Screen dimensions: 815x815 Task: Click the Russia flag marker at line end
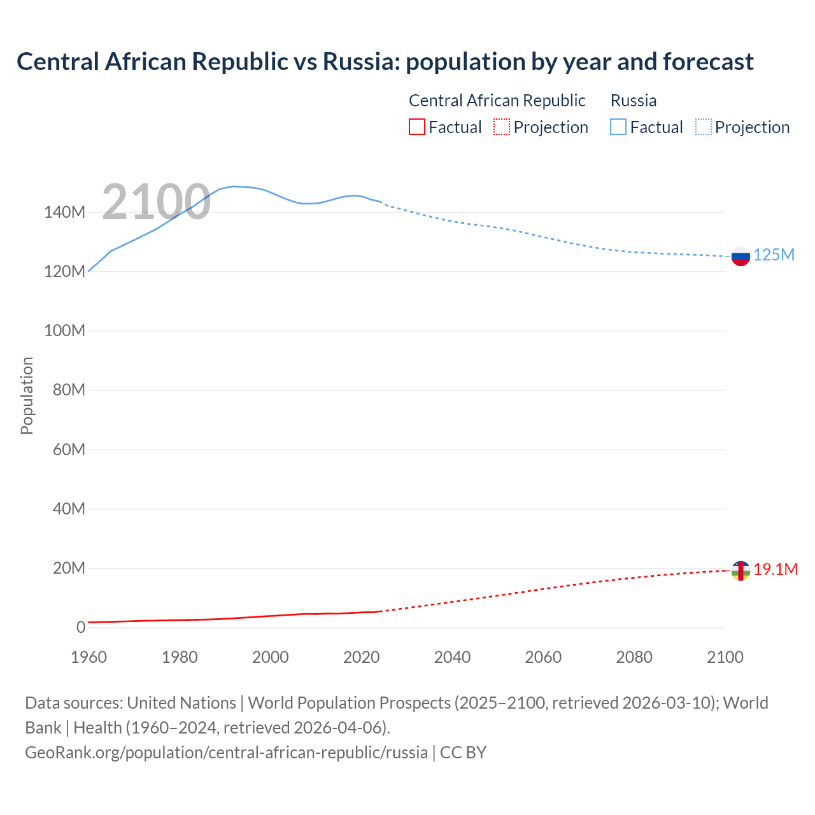[741, 257]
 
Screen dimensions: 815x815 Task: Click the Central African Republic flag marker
[741, 570]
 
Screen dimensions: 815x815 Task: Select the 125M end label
[774, 255]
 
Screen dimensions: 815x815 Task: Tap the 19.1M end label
[776, 569]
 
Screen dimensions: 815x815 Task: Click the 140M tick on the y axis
[64, 212]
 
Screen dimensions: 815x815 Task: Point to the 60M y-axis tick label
[69, 450]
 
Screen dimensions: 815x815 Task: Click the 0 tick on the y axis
[81, 627]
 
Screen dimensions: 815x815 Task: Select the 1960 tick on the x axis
[89, 657]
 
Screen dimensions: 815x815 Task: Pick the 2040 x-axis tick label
[452, 657]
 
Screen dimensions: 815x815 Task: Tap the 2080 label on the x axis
[634, 657]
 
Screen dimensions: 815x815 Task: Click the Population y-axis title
[27, 395]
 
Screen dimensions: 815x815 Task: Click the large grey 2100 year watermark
[156, 202]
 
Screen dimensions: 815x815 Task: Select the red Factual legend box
[416, 127]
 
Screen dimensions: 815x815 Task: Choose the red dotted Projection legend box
[502, 127]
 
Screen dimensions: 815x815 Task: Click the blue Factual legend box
[618, 127]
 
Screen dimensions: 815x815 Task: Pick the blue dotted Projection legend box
[704, 127]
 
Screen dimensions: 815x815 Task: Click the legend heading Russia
[633, 101]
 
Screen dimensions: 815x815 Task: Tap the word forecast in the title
[708, 62]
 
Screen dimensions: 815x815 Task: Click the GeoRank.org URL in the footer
[226, 753]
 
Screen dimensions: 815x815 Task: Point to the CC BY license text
[463, 753]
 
